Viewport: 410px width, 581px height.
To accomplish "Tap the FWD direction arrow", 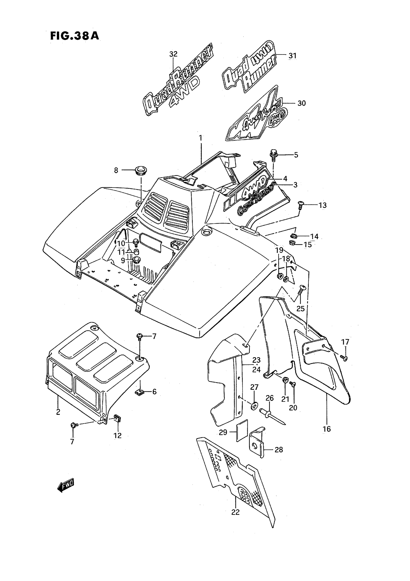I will pos(66,485).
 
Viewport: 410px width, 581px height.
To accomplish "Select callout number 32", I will pos(173,54).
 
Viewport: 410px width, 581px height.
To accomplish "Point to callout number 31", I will pos(292,55).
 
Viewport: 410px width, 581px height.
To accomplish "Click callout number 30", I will pos(301,103).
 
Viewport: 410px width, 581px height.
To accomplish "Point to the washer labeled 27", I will pos(254,406).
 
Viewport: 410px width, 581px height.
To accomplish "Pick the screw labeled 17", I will pos(344,357).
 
